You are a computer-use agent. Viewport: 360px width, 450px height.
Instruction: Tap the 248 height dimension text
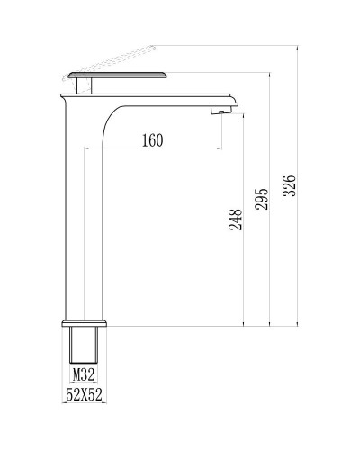coord(236,220)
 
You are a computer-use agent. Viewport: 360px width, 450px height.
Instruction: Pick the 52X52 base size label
coord(83,393)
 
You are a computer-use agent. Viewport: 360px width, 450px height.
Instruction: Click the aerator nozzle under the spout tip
coord(217,111)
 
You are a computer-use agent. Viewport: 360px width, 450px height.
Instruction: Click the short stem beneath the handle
coord(86,87)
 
